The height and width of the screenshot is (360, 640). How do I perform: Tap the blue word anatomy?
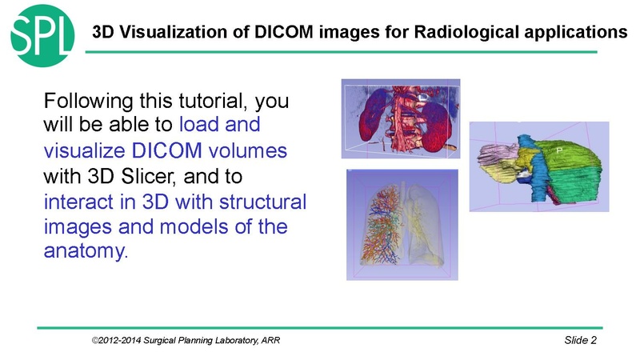[x=82, y=250]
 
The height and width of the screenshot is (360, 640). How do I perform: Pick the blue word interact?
[x=75, y=200]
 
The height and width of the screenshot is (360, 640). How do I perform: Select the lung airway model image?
[x=402, y=225]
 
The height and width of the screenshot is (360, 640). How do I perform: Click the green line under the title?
[x=344, y=52]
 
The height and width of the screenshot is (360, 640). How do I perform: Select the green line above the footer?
[x=320, y=327]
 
